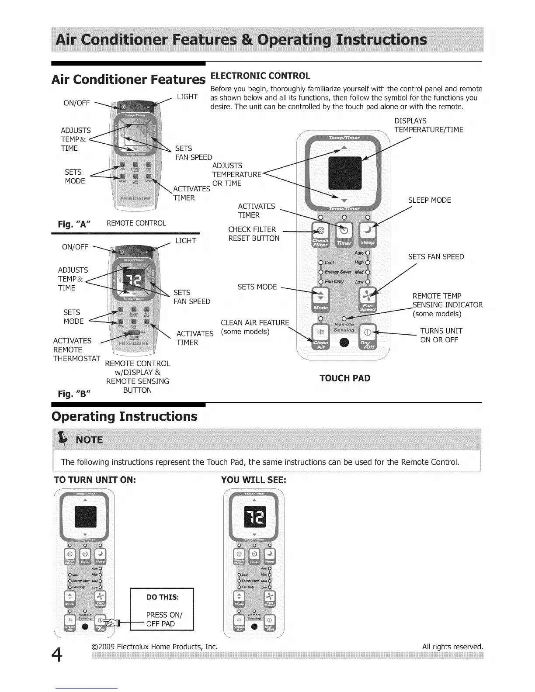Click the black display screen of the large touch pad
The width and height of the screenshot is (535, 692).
tap(344, 174)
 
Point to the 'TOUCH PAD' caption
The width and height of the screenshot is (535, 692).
tap(344, 378)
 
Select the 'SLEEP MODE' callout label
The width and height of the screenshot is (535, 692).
tap(429, 201)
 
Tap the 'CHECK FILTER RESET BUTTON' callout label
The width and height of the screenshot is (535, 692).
tap(254, 234)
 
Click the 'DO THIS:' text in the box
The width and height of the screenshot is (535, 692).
tap(163, 597)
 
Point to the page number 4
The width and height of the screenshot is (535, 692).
tap(58, 655)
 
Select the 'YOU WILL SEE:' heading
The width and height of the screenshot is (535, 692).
tap(254, 480)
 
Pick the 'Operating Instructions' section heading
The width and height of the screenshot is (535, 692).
tap(125, 416)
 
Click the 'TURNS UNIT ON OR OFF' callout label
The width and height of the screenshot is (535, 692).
tap(441, 336)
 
